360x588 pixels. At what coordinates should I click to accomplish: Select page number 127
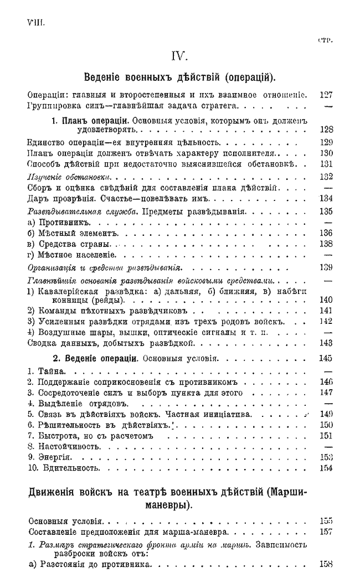326,94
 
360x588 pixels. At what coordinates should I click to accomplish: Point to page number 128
326,130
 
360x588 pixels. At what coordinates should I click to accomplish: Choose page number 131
326,164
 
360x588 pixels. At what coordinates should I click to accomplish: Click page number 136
326,233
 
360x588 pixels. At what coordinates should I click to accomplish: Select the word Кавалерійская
66,290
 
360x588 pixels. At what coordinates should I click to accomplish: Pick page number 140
326,300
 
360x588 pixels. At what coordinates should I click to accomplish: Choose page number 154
326,468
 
